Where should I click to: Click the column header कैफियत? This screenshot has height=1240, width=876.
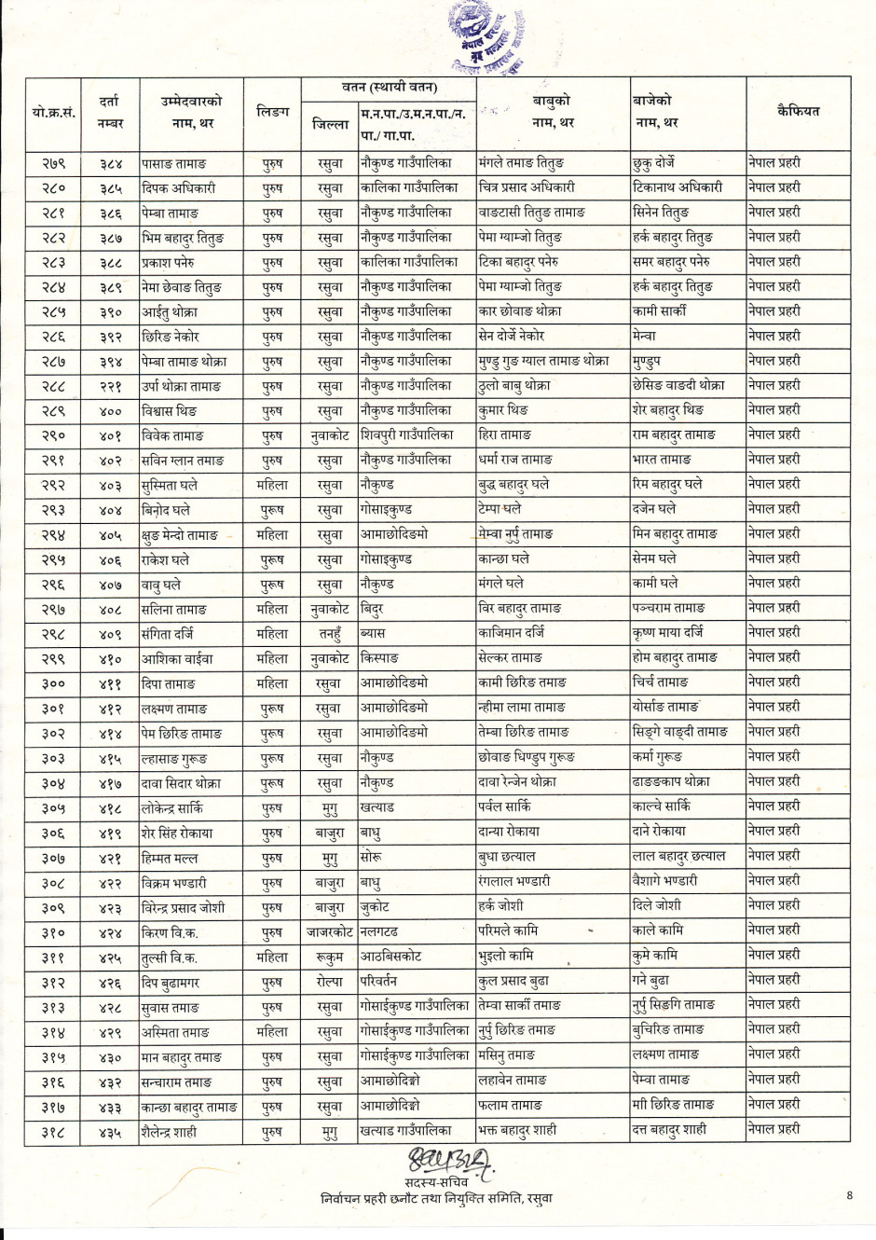pos(798,111)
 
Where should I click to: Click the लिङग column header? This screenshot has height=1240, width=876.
pos(272,112)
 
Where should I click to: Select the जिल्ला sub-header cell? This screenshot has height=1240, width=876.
pos(330,124)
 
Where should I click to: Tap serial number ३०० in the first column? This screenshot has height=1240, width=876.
pos(53,684)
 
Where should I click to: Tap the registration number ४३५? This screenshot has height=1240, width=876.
pos(110,1133)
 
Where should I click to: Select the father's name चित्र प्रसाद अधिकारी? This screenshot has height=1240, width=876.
pos(527,187)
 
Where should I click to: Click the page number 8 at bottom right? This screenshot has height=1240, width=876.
pos(849,1195)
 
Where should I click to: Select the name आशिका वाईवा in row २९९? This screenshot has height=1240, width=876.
pos(177,659)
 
